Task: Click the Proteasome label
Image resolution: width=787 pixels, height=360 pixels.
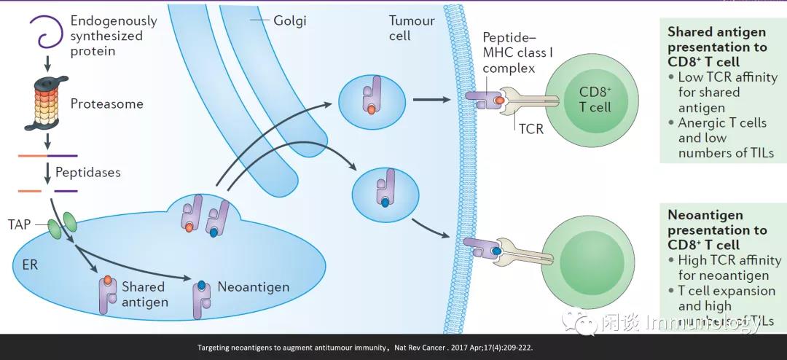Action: tap(106, 103)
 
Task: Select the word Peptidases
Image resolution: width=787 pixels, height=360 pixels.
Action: tap(88, 173)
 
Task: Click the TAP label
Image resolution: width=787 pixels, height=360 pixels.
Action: tap(19, 224)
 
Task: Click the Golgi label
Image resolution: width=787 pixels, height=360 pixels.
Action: tap(289, 20)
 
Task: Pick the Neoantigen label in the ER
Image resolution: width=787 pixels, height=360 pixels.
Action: tap(253, 286)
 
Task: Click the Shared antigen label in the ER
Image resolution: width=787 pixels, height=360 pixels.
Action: tap(144, 294)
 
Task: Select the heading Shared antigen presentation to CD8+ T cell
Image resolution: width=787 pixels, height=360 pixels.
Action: tap(717, 47)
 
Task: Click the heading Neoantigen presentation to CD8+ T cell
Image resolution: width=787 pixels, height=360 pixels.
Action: tap(717, 230)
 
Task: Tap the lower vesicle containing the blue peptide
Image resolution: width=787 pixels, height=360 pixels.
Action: tap(384, 191)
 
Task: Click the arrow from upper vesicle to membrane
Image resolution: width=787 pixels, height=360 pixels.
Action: tap(431, 100)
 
